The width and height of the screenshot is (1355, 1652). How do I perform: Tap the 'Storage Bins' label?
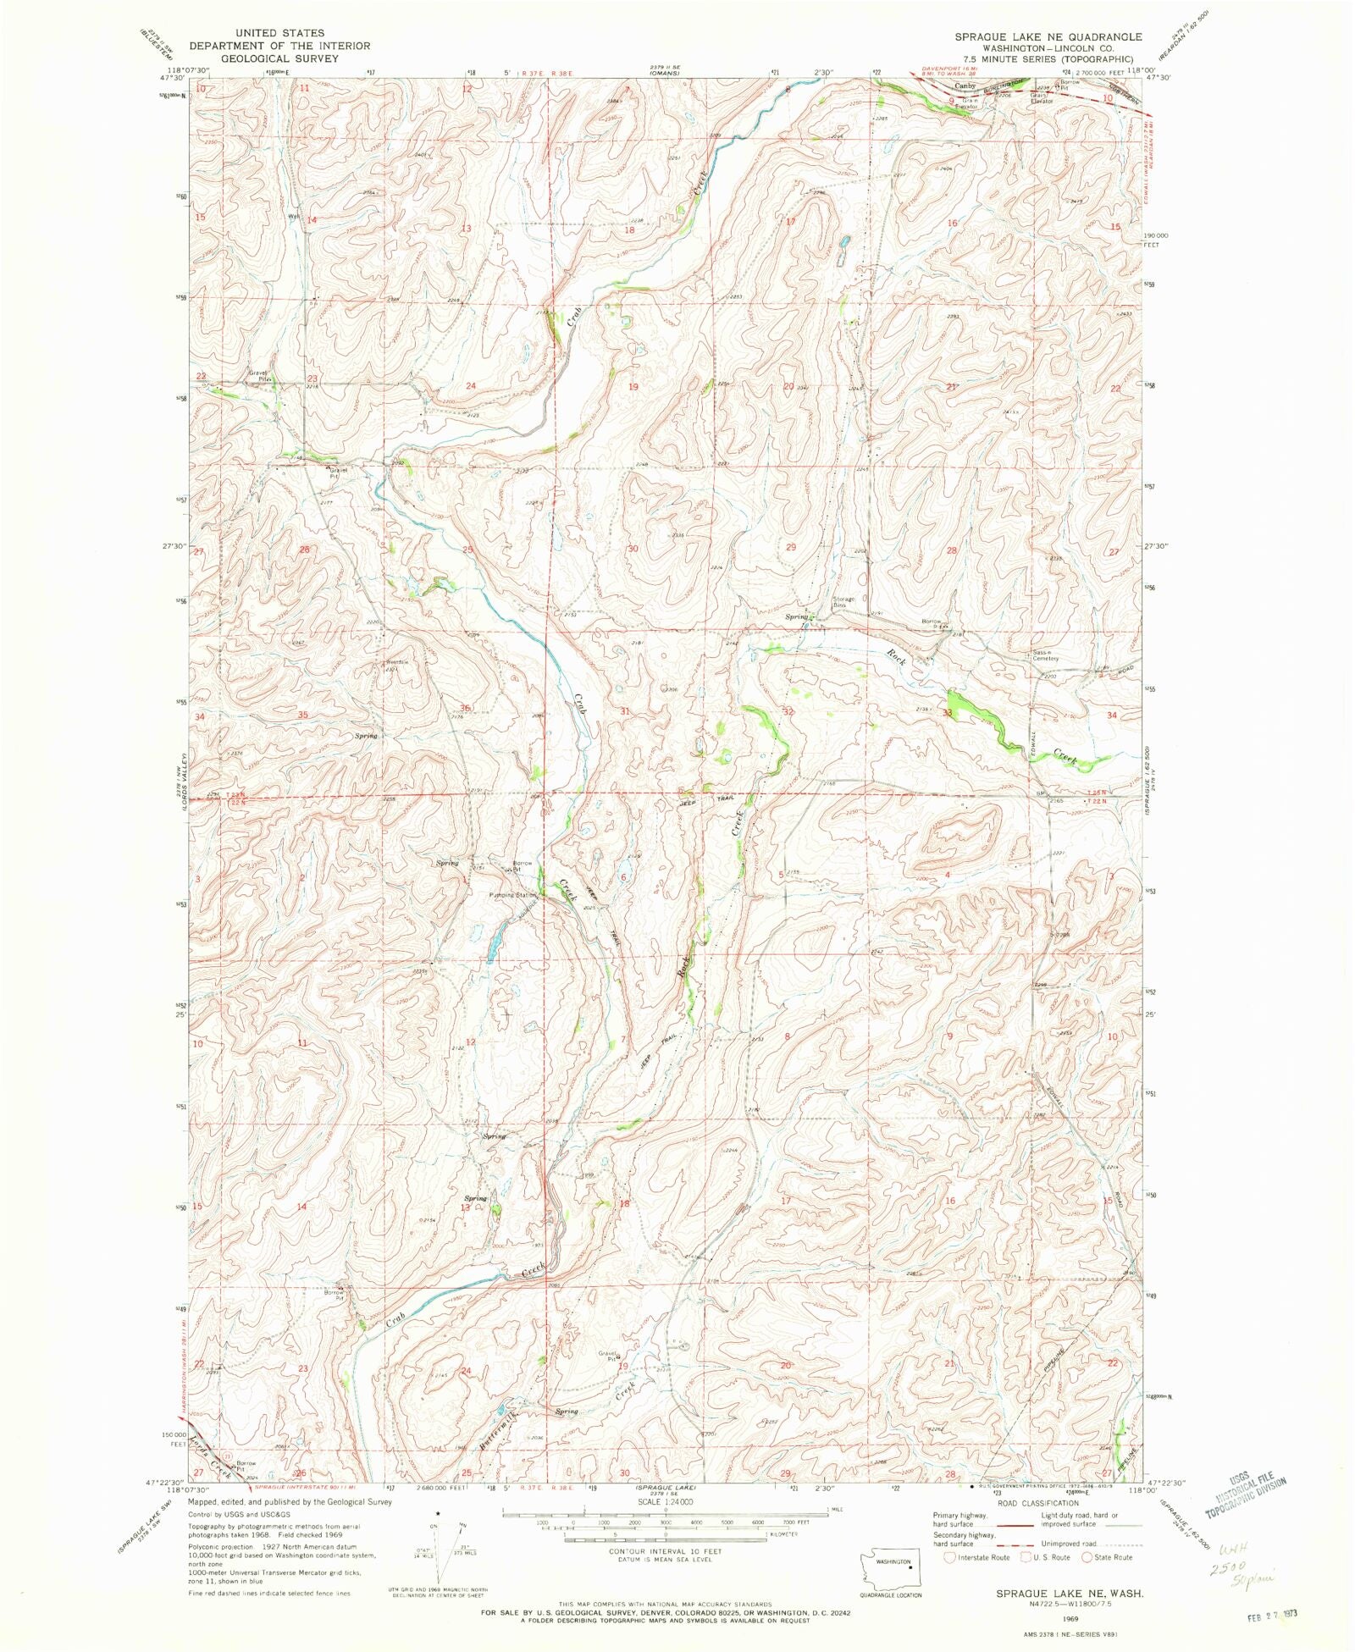coord(843,602)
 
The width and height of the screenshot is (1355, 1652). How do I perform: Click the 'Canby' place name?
coord(965,86)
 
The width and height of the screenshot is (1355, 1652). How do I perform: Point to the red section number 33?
coord(948,714)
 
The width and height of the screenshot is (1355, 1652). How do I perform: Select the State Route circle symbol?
coord(1087,1557)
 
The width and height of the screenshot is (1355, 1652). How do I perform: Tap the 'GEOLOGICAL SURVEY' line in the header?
coord(279,58)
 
